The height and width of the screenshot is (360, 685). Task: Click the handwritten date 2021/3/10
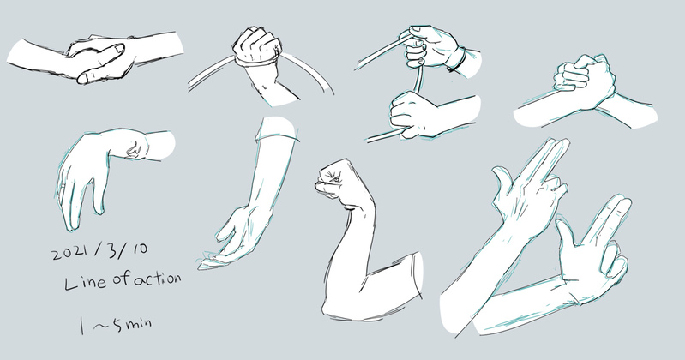(100, 251)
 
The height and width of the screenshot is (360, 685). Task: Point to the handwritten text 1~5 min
(116, 325)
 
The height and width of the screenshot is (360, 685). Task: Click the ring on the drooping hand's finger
(63, 186)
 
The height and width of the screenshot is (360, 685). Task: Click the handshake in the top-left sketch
(99, 59)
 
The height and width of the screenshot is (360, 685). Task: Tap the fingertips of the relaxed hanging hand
(208, 261)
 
